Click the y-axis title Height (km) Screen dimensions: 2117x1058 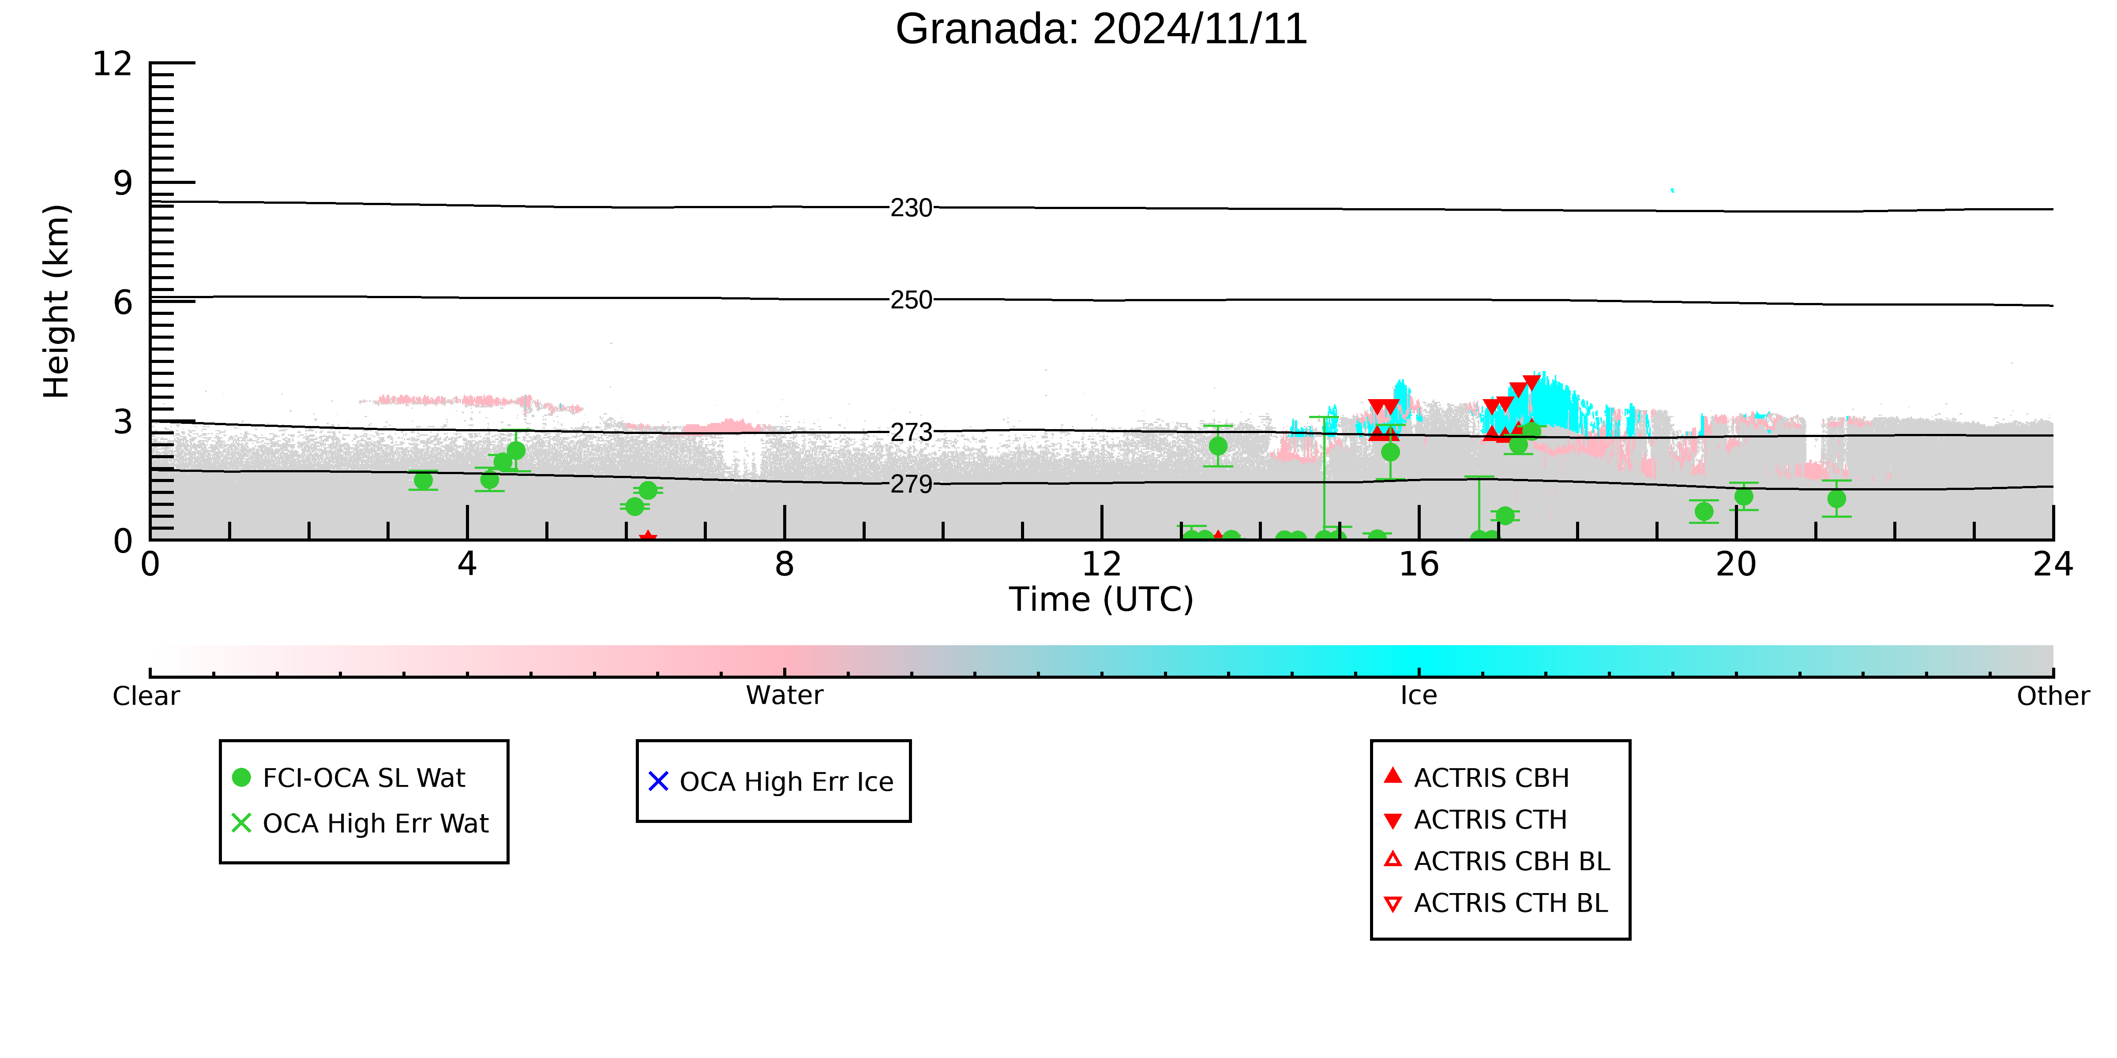56,302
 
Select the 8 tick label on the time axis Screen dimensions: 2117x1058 785,565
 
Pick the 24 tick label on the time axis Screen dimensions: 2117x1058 2053,565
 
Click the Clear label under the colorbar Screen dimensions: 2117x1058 146,696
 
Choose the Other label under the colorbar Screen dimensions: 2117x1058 2053,696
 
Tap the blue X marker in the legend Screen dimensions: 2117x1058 658,781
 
